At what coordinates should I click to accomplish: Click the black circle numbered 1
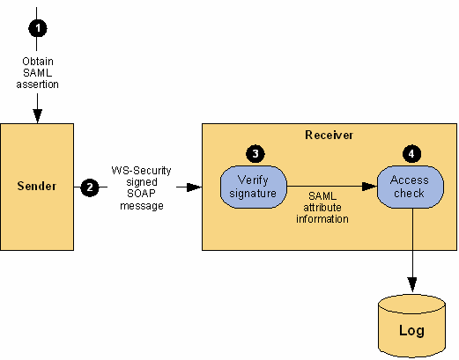pos(38,28)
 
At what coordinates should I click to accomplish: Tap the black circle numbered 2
pos(90,187)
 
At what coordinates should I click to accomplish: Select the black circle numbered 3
pos(255,153)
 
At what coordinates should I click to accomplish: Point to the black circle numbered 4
pos(411,153)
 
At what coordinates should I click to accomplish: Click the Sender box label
pos(37,186)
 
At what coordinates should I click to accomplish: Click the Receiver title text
pos(329,135)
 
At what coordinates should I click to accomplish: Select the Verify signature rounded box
pos(254,187)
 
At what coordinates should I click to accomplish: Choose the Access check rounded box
pos(411,187)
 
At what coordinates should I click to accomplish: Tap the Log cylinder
pos(411,327)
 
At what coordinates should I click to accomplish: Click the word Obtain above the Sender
pos(38,62)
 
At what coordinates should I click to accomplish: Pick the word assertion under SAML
pos(37,84)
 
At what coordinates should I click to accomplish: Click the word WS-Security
pos(141,171)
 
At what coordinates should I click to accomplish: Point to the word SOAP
pos(141,194)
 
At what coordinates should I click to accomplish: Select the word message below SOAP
pos(142,206)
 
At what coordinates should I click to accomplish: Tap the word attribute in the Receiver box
pos(322,208)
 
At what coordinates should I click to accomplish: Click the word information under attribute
pos(322,219)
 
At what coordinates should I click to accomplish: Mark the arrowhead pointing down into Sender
pos(38,116)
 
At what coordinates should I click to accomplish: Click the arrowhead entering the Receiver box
pos(194,187)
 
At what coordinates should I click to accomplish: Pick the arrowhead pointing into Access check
pos(369,187)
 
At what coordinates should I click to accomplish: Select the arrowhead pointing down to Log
pos(412,284)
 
